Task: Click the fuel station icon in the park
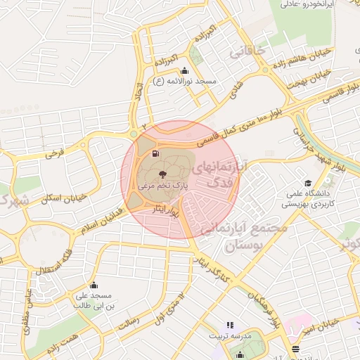tap(155, 152)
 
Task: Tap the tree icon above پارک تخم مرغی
tap(162, 172)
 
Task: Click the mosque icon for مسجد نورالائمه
tap(184, 70)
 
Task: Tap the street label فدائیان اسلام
tap(92, 224)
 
